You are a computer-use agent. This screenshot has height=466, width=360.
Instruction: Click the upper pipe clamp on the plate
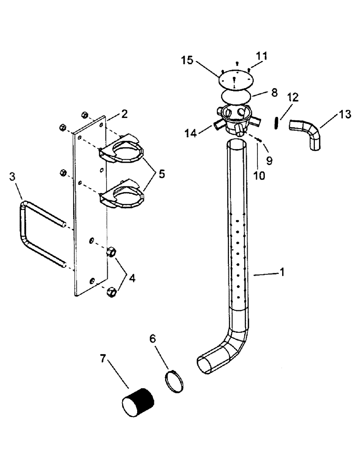(x=122, y=150)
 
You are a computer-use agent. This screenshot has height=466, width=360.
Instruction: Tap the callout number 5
(x=161, y=174)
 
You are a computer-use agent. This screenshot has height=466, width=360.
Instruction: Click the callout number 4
(x=132, y=278)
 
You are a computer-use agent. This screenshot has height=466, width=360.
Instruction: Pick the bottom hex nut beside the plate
(x=111, y=292)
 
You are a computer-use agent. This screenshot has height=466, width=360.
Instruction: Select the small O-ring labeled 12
(x=277, y=122)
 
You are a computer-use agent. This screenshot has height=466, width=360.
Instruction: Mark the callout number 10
(x=259, y=176)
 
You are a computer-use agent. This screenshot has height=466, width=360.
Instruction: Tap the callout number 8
(x=274, y=92)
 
